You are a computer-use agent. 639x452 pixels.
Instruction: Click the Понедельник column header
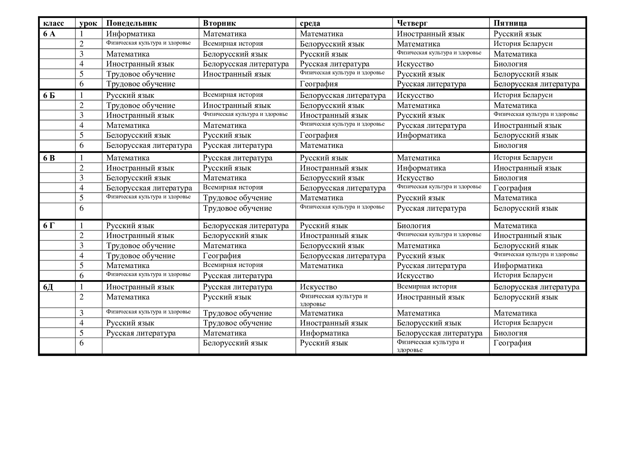131,23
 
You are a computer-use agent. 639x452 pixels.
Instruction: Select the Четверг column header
412,23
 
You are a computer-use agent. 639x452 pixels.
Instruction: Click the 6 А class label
49,34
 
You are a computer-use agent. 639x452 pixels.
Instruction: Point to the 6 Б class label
49,95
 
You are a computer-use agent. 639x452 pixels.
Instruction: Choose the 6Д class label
48,287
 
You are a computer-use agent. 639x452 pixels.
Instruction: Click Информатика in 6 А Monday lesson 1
131,34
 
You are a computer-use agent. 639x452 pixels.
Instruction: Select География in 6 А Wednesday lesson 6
319,84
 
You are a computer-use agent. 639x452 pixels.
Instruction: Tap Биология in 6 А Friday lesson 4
510,64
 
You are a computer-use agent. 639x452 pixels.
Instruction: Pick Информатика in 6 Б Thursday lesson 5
421,135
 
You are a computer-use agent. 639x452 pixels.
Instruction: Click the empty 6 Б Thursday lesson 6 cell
441,145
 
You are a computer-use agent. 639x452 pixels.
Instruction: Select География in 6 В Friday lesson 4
512,188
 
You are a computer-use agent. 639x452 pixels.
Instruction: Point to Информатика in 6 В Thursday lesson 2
421,168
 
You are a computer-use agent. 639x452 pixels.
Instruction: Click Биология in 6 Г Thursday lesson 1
413,226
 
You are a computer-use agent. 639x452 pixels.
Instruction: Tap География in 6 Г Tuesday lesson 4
222,256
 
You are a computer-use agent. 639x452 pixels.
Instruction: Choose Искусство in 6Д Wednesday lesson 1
318,287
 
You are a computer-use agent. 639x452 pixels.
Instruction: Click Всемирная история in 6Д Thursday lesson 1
426,286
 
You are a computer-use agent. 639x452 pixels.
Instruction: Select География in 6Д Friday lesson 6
512,343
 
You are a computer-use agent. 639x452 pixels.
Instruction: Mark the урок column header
88,23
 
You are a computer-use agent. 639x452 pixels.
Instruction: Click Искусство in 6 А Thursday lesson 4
415,64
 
